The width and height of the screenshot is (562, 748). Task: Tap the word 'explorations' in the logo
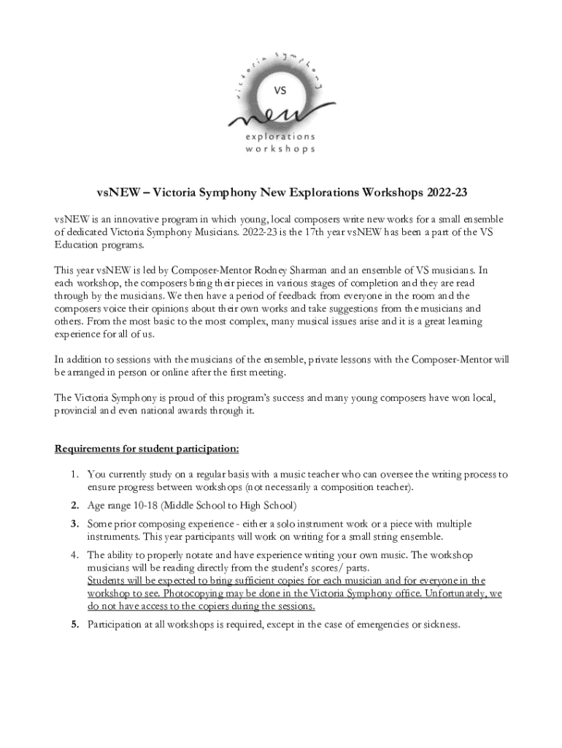coord(281,137)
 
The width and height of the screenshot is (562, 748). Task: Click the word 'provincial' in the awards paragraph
coord(78,411)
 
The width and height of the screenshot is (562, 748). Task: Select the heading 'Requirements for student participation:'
coord(147,449)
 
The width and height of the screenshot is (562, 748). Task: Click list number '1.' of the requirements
coord(76,474)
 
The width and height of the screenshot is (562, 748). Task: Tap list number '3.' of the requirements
coord(75,524)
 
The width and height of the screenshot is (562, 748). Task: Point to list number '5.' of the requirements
coord(75,625)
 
